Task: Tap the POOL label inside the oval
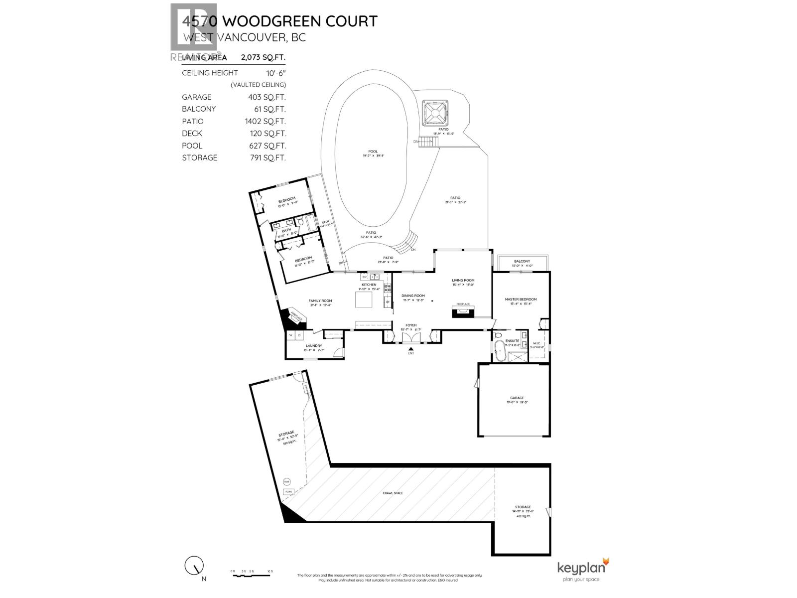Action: (373, 151)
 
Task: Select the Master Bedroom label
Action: (521, 299)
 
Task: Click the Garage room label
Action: (517, 398)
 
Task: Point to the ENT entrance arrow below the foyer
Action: (411, 349)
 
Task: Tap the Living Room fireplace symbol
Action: (463, 311)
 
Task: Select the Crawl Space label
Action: (393, 493)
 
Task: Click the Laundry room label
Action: (314, 345)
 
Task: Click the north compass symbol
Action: (194, 566)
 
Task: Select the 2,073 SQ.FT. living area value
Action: (263, 57)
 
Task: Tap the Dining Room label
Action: (413, 296)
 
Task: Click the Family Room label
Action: (320, 300)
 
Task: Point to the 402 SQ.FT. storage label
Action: (523, 516)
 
